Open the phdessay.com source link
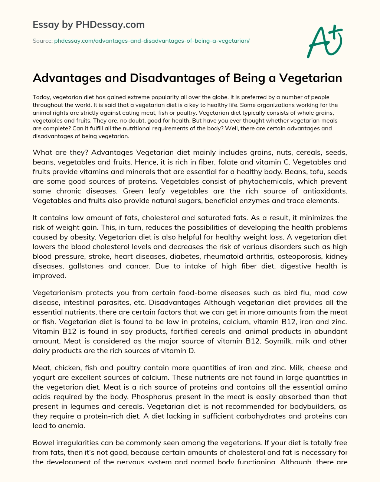tap(152, 41)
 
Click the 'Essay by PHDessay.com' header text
tap(89, 25)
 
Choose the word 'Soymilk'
tap(278, 341)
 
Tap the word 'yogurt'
tap(43, 377)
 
